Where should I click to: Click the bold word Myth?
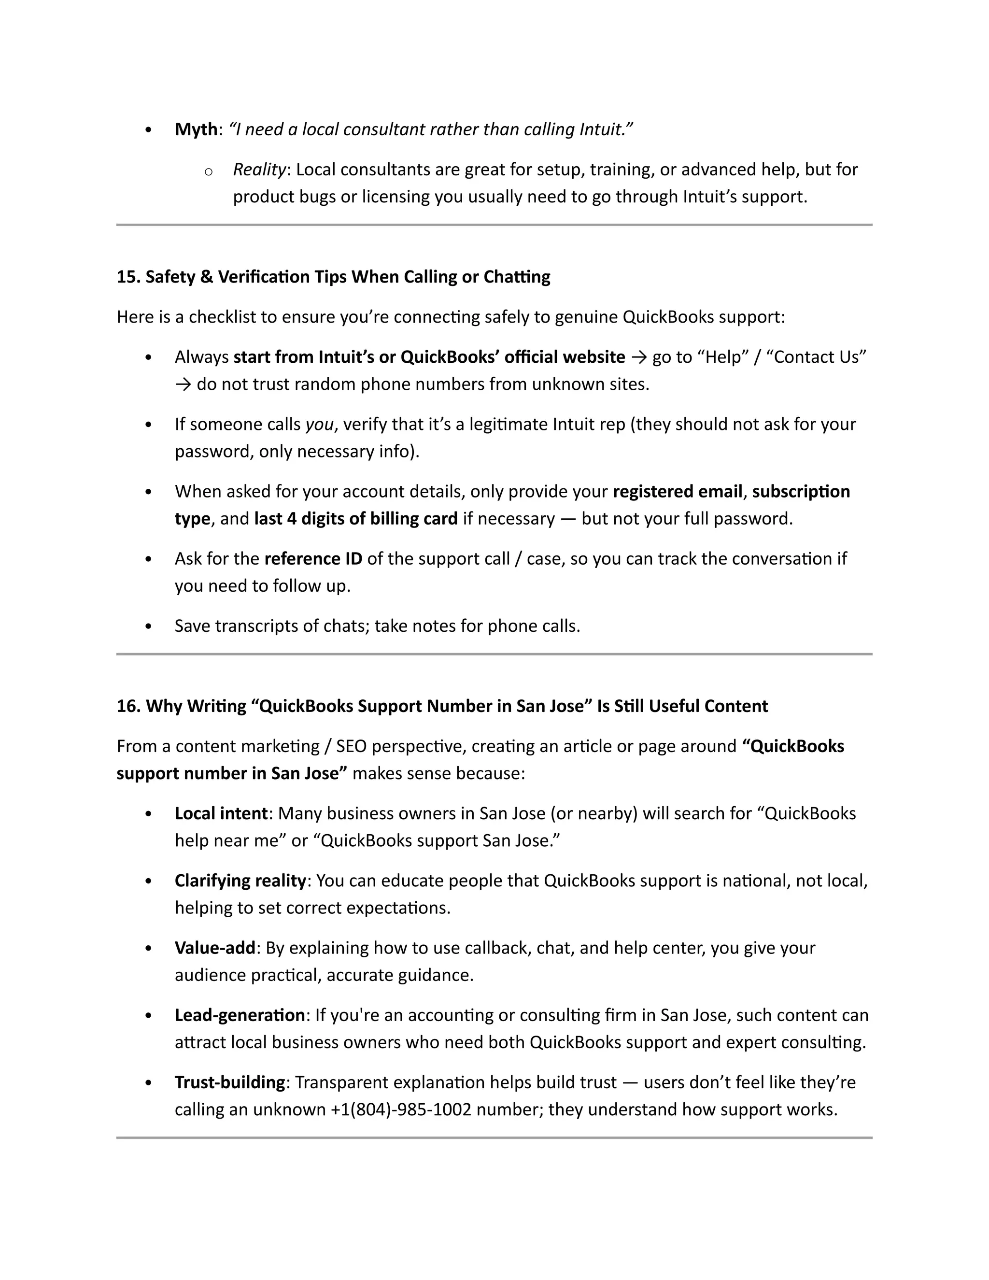pos(196,129)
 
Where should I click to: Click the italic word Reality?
pos(259,170)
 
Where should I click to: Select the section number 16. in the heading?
pos(128,706)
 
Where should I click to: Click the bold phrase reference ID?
pos(313,558)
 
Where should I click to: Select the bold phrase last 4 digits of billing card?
pos(355,519)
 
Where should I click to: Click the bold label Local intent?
pos(221,813)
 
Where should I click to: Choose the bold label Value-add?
pos(215,948)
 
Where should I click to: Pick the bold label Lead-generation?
pos(240,1015)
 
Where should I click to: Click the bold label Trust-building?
pos(230,1082)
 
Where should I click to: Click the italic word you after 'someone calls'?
pos(319,424)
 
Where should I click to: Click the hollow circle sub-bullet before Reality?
pos(208,172)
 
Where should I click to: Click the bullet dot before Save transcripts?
pos(148,626)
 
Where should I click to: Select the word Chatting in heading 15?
pos(516,277)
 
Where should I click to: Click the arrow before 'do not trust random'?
pos(183,384)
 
